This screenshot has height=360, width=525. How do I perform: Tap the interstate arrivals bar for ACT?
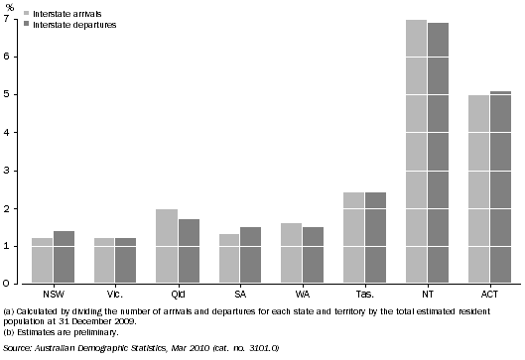coord(478,188)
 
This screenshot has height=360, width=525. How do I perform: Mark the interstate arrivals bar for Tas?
coord(353,238)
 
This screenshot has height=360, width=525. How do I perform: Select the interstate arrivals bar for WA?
coord(292,253)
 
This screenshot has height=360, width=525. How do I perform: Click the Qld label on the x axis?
coord(178,295)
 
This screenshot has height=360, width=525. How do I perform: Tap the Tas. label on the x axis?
coord(364,295)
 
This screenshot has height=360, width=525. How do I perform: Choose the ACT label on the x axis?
coord(489,295)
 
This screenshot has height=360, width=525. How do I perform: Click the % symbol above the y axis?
coord(9,7)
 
